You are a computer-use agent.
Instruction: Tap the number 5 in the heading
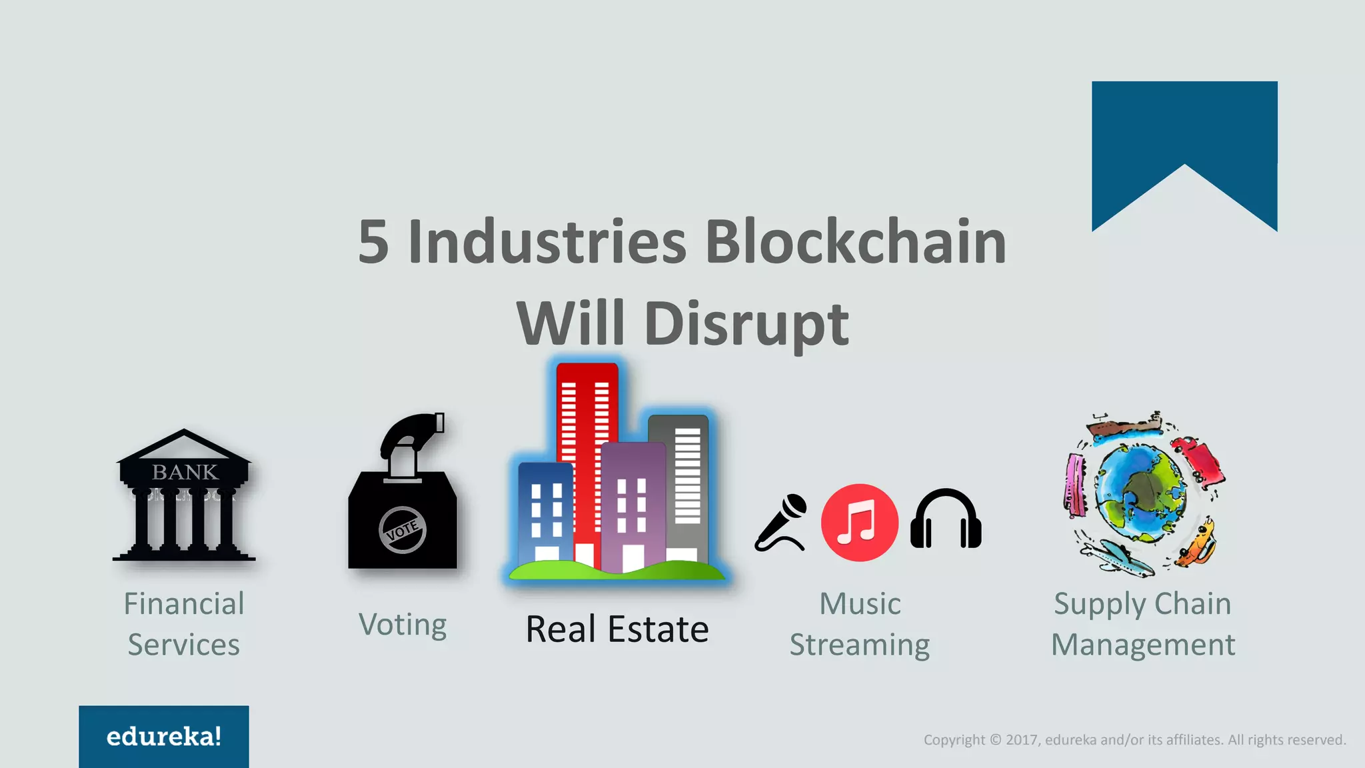[x=373, y=243]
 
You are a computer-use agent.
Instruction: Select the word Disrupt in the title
[x=746, y=324]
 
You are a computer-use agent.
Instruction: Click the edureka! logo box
[x=164, y=736]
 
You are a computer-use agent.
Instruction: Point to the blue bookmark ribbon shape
[x=1184, y=133]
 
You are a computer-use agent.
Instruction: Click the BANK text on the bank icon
[x=185, y=472]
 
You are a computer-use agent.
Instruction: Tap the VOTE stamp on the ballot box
[x=402, y=530]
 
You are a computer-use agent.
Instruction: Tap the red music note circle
[x=859, y=523]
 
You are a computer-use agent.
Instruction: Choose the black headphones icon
[x=945, y=520]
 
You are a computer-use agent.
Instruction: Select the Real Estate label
[x=617, y=629]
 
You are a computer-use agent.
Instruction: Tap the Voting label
[x=403, y=625]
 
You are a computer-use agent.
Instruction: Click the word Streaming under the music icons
[x=859, y=645]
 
